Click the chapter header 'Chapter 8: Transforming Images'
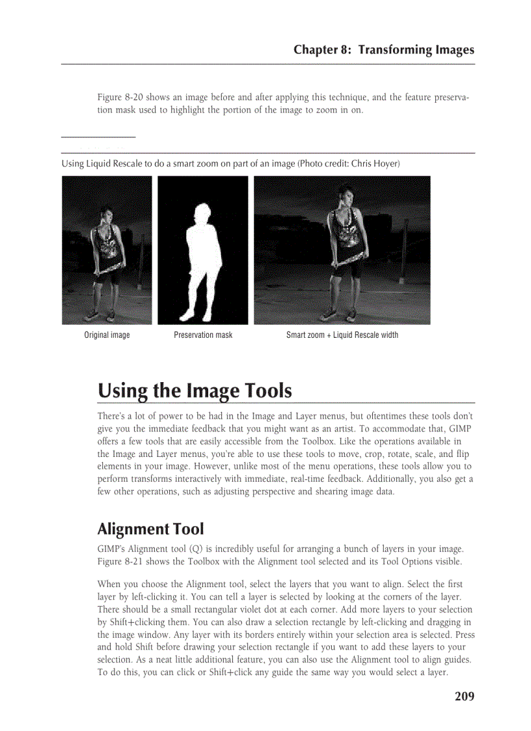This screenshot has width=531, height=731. [x=383, y=49]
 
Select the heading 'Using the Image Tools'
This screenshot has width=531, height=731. [x=195, y=391]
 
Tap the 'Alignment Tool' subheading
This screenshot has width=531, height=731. [x=150, y=529]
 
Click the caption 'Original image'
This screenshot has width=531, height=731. [x=107, y=335]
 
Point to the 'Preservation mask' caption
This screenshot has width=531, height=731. [x=203, y=335]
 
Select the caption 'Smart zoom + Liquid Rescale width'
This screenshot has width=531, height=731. [x=342, y=335]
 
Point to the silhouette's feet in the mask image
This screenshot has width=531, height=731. [x=195, y=315]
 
